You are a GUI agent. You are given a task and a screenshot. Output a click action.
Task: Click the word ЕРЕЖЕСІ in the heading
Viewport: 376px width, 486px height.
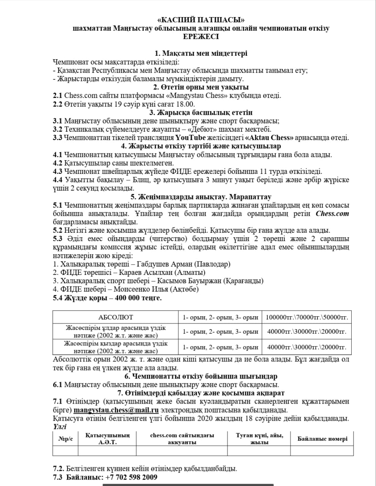(201, 37)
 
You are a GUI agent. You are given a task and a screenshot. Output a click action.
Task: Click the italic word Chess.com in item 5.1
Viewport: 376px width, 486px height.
(332, 213)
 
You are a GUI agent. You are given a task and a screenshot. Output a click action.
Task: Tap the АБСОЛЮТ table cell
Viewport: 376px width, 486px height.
(115, 317)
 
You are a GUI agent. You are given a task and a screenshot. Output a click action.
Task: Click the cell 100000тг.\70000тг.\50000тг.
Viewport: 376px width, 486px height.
(306, 317)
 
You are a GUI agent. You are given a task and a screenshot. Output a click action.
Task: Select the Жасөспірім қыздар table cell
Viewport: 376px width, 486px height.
(115, 347)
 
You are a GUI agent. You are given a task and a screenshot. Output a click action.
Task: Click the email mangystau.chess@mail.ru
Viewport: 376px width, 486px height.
(116, 410)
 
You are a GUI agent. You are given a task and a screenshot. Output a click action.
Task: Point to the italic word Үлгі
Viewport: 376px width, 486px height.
(60, 426)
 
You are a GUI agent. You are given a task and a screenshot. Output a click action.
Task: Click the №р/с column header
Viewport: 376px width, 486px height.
(65, 439)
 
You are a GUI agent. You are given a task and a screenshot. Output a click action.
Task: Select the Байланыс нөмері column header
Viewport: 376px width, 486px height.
(322, 439)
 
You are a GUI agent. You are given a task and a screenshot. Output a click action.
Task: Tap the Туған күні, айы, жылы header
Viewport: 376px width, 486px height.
(259, 439)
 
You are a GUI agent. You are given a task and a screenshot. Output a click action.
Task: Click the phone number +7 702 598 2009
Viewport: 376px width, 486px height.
(130, 477)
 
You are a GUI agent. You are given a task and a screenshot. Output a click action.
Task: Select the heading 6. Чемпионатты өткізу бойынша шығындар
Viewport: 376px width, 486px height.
(201, 376)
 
